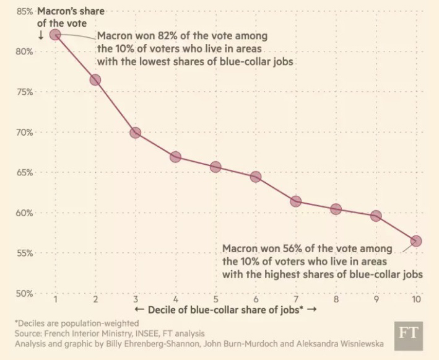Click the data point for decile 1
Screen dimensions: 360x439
coord(55,35)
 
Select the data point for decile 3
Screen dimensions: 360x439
coord(135,133)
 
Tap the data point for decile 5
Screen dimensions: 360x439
coord(215,167)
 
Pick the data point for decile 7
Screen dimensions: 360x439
coord(295,201)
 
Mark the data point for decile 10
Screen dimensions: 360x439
coord(416,240)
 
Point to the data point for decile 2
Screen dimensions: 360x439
coord(95,80)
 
